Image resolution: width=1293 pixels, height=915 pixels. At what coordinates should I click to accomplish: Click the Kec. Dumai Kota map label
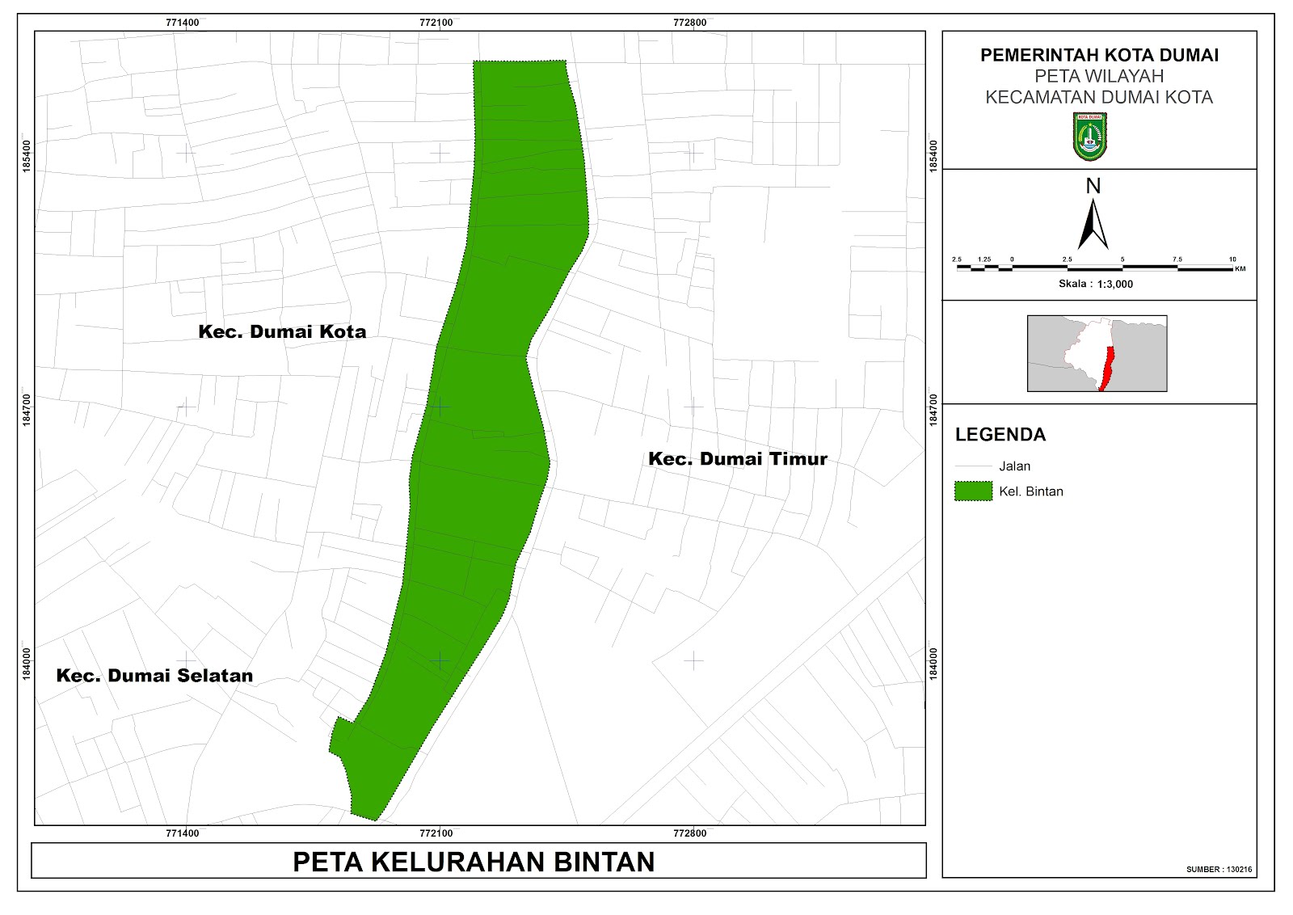(x=282, y=331)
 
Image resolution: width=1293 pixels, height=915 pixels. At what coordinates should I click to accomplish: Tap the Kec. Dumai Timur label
(x=738, y=459)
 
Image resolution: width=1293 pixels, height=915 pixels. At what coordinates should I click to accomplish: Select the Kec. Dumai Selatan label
(x=154, y=676)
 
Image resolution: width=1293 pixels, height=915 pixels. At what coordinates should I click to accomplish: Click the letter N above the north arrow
(x=1093, y=187)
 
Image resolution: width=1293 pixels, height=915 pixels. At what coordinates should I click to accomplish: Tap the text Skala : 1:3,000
(x=1096, y=284)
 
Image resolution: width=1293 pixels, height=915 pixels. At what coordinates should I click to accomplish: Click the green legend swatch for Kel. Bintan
(x=973, y=491)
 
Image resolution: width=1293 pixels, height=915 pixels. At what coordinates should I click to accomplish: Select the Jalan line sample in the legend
(x=973, y=466)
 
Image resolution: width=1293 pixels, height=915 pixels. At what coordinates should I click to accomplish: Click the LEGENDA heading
(x=1000, y=435)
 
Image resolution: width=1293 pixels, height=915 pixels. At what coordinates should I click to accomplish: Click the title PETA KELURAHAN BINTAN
(x=474, y=862)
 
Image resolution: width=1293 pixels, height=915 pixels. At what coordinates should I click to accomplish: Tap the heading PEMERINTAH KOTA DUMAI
(x=1099, y=55)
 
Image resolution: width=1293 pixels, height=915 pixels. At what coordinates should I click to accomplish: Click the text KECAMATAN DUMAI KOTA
(x=1099, y=98)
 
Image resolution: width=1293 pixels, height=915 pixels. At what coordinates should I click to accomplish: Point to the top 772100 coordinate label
(x=436, y=23)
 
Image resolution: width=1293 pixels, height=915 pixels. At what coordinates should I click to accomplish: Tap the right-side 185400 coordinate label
(x=934, y=155)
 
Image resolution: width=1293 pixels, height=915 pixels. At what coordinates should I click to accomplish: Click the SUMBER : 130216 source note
(x=1219, y=870)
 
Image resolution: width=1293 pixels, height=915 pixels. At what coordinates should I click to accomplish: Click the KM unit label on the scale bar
(x=1240, y=269)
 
